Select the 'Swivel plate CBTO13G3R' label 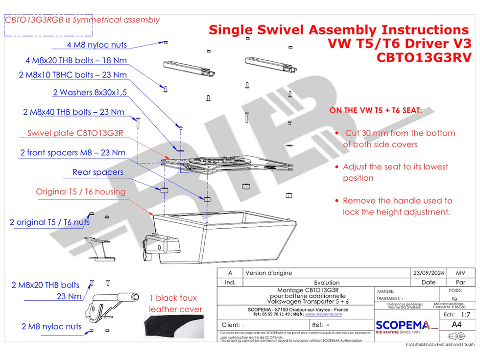[x=75, y=133]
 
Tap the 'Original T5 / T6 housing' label [x=80, y=192]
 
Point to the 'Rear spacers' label [x=98, y=172]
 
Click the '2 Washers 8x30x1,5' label [x=90, y=93]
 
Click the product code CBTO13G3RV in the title [x=424, y=57]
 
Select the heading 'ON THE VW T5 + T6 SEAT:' [x=375, y=111]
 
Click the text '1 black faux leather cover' [x=175, y=304]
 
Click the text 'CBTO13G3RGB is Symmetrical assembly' [x=82, y=20]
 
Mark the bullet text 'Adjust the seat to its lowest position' [x=395, y=172]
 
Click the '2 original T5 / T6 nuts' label [x=49, y=222]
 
